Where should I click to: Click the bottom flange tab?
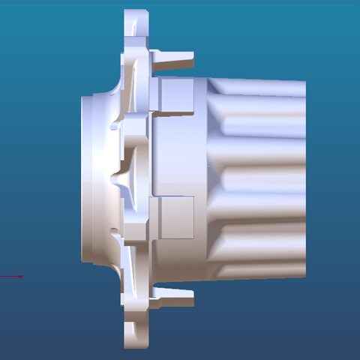pos(136,334)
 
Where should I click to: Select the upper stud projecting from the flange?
pos(174,59)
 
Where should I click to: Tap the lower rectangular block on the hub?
pos(177,217)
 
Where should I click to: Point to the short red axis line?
pos(11,277)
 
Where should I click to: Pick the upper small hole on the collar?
pos(113,128)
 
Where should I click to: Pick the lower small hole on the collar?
pos(113,230)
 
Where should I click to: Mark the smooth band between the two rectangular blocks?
pos(177,157)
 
